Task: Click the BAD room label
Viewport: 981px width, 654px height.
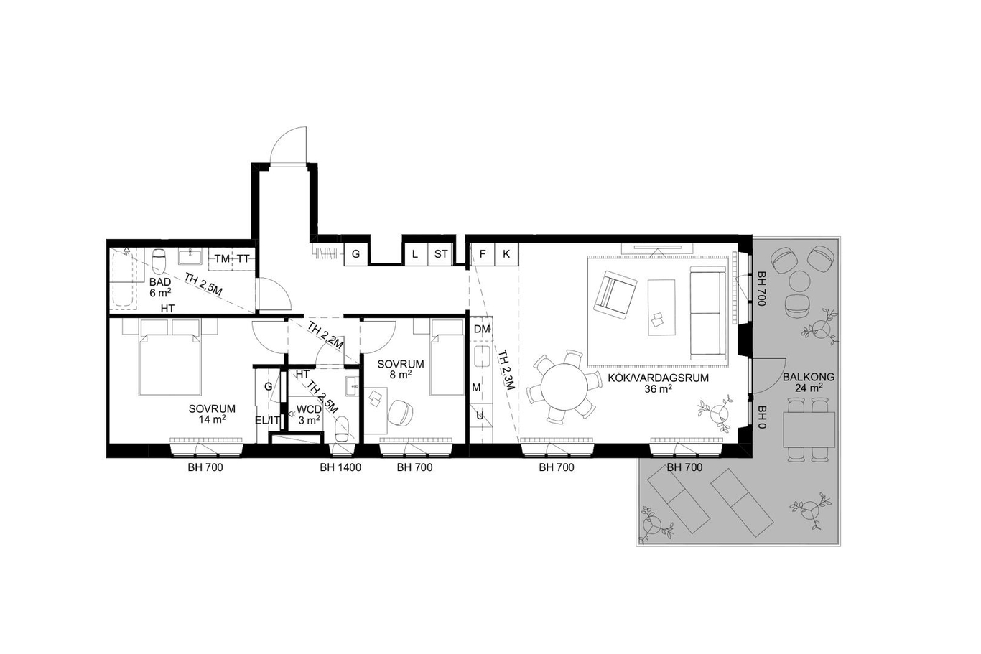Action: point(160,282)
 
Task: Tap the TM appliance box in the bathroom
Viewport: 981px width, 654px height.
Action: point(223,258)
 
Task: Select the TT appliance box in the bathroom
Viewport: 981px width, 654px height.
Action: point(243,258)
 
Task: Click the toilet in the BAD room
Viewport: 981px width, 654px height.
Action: point(159,261)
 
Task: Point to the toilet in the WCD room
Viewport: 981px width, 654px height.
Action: point(342,429)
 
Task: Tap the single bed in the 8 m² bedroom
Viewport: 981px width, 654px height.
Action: point(447,358)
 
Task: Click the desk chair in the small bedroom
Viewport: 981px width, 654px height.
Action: point(400,412)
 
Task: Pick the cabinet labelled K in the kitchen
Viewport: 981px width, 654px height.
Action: point(506,254)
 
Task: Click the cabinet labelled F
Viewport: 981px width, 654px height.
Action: point(482,254)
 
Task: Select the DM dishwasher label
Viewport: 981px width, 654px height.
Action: point(482,330)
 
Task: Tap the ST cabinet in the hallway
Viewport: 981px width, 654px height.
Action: point(440,254)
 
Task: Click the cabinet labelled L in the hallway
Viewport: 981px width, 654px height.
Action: point(415,254)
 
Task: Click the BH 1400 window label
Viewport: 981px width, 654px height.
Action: point(340,467)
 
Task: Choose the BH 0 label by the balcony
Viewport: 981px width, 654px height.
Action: point(761,417)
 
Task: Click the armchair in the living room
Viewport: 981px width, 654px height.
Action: point(615,294)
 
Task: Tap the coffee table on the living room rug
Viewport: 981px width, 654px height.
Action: point(661,307)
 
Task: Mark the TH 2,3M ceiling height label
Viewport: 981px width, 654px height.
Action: point(505,370)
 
